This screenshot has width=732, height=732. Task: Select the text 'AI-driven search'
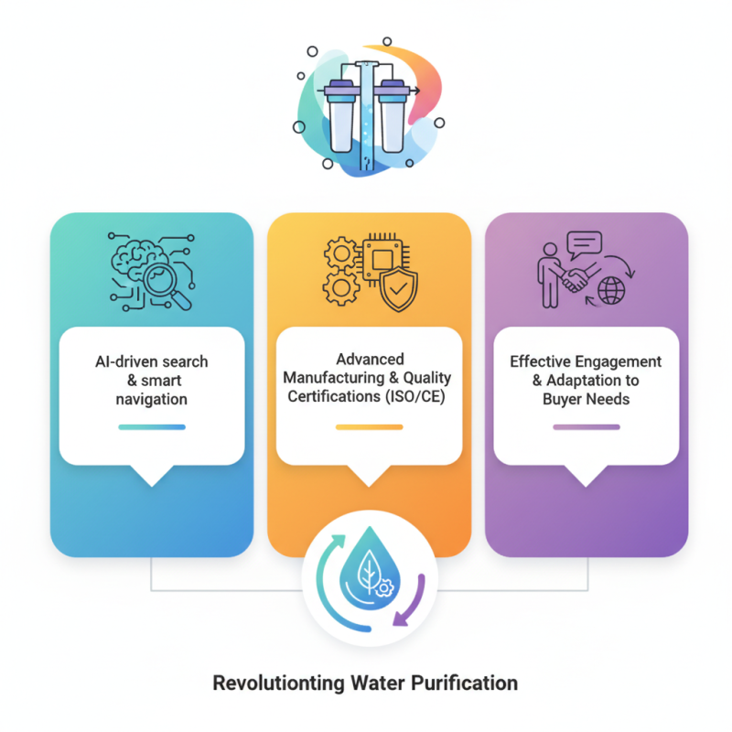pos(152,361)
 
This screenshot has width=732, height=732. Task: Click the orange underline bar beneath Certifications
pos(369,426)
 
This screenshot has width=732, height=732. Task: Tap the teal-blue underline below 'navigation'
pos(152,426)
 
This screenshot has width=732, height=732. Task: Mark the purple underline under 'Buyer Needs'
pos(587,426)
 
